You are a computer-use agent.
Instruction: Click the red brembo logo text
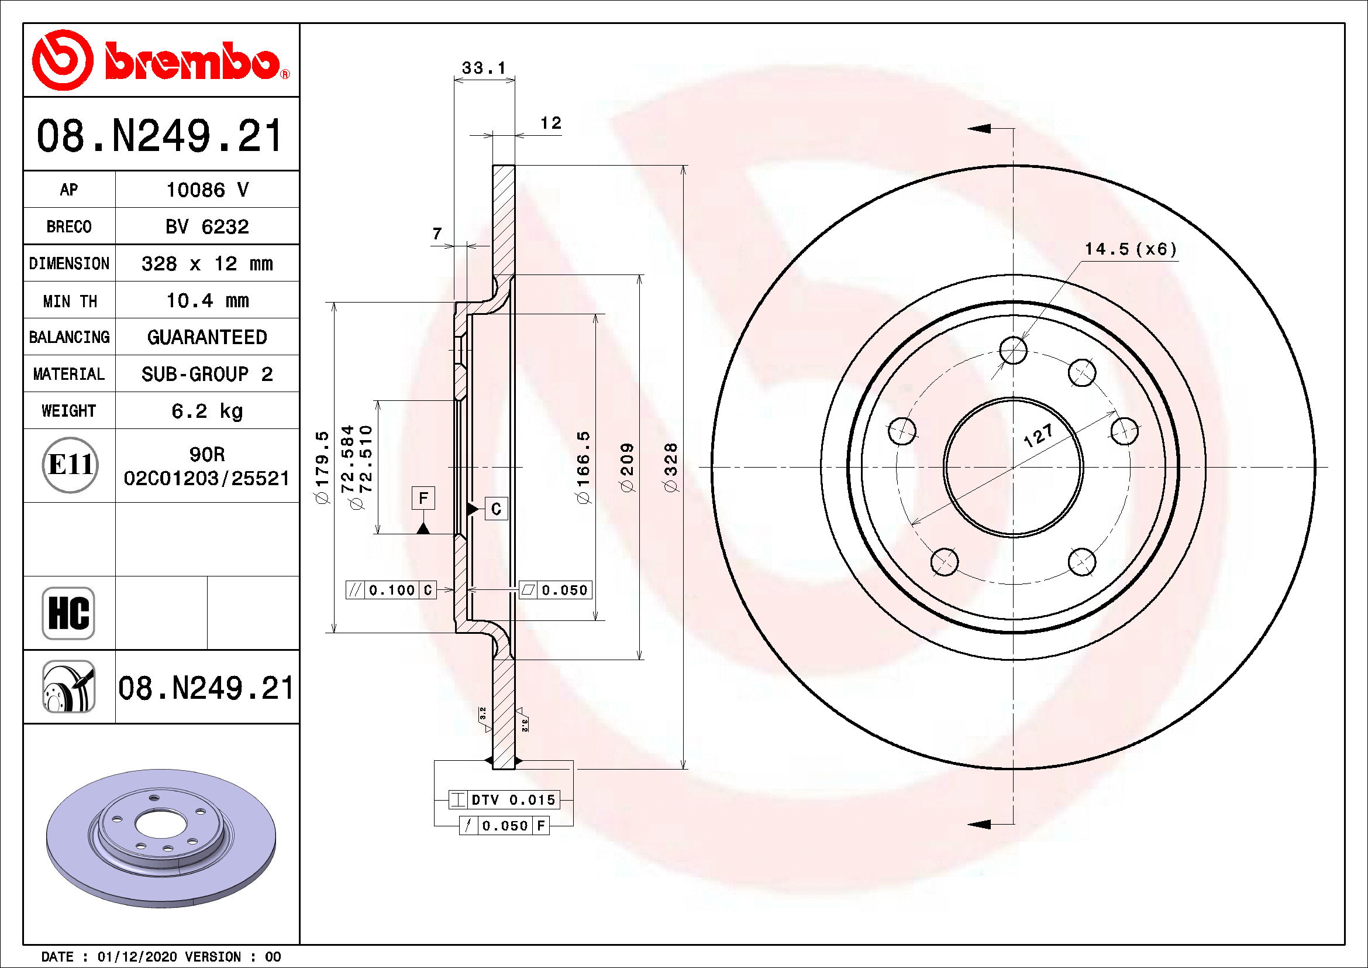(x=192, y=61)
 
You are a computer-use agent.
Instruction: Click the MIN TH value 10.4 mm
(x=206, y=300)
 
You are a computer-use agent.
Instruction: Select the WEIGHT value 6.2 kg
(x=206, y=411)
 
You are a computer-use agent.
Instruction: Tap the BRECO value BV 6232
(x=206, y=226)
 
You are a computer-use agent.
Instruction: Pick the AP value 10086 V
(x=206, y=190)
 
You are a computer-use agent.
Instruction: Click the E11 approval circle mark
(x=70, y=465)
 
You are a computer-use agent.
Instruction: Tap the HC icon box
(x=68, y=613)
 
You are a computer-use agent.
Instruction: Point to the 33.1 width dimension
(x=483, y=68)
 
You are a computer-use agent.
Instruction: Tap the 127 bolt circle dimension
(x=1038, y=436)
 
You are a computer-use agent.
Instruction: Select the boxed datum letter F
(x=423, y=497)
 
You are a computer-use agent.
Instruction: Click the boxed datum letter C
(x=496, y=509)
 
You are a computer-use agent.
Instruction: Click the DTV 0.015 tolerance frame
(x=504, y=799)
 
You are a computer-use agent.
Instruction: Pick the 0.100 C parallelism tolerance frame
(x=391, y=589)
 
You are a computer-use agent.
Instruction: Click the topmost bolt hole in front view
(x=1013, y=350)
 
